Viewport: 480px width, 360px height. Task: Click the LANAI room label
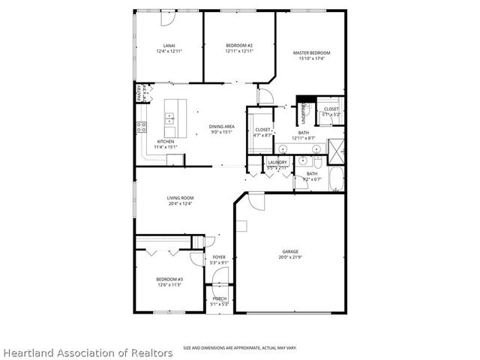[169, 46]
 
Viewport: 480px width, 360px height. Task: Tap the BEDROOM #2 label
[239, 46]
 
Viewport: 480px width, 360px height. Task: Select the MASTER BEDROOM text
[311, 52]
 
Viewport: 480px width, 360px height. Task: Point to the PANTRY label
[139, 94]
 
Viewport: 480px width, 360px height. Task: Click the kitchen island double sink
[170, 118]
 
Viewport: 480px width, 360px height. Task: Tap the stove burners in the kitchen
[140, 127]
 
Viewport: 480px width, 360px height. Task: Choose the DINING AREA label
[222, 127]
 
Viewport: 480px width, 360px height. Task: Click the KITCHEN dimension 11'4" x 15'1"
[166, 147]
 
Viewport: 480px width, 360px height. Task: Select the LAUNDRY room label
[277, 162]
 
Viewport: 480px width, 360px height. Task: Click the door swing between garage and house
[256, 200]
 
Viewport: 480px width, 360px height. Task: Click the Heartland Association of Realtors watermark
[87, 352]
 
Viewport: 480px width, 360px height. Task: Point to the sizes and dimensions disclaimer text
[238, 348]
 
